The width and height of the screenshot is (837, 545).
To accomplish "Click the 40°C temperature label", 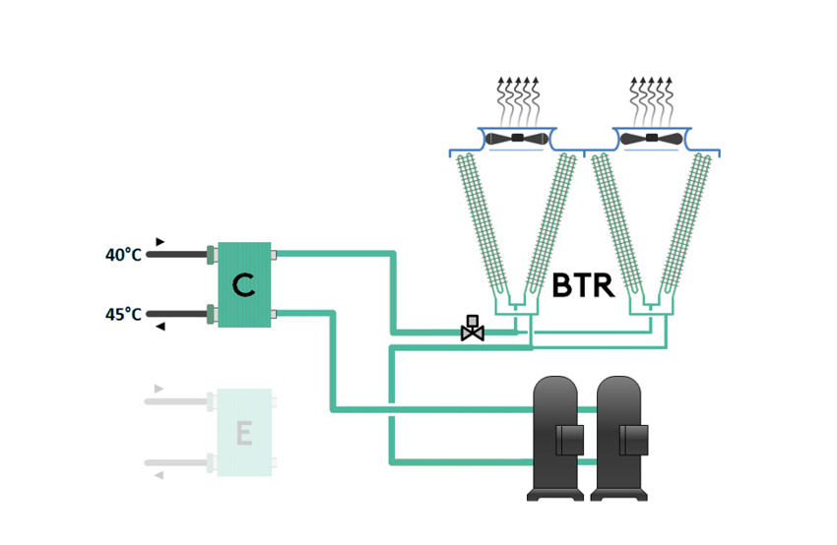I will point(123,255).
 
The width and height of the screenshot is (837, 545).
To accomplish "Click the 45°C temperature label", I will point(123,315).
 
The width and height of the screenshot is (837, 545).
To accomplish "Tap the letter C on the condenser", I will point(243,285).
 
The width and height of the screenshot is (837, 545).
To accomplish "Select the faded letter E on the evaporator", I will point(243,433).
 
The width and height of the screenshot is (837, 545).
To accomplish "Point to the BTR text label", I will point(583,286).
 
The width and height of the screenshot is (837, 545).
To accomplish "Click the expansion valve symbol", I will point(473,330).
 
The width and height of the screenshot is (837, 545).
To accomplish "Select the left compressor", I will point(556,438).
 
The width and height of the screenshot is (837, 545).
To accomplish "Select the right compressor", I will point(621,438).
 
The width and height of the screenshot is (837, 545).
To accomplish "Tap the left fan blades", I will point(517,139).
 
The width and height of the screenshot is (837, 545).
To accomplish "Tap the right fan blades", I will point(651,139).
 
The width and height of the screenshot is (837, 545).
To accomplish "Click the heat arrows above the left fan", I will point(517,98).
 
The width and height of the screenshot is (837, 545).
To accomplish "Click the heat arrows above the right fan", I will point(651,98).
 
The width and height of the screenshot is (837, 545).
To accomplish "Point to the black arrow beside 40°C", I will point(160,241).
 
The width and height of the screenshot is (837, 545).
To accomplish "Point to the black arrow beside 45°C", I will point(160,327).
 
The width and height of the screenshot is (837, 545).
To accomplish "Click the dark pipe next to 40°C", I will point(177,255).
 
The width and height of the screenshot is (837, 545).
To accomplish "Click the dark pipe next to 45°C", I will point(177,315).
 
